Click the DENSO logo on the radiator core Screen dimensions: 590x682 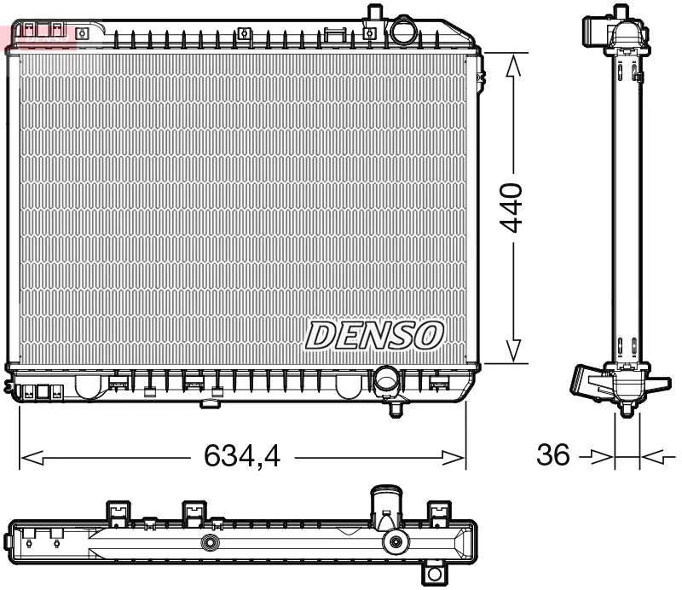374,335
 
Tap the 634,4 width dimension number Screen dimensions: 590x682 242,457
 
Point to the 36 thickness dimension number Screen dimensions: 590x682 552,455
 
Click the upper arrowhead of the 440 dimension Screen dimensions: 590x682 512,67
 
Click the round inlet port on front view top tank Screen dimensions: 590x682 402,32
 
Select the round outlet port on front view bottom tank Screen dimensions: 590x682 388,379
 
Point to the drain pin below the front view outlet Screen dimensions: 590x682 396,408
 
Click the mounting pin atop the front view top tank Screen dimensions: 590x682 373,13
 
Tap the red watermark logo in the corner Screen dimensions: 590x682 38,34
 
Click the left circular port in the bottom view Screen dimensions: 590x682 209,543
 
